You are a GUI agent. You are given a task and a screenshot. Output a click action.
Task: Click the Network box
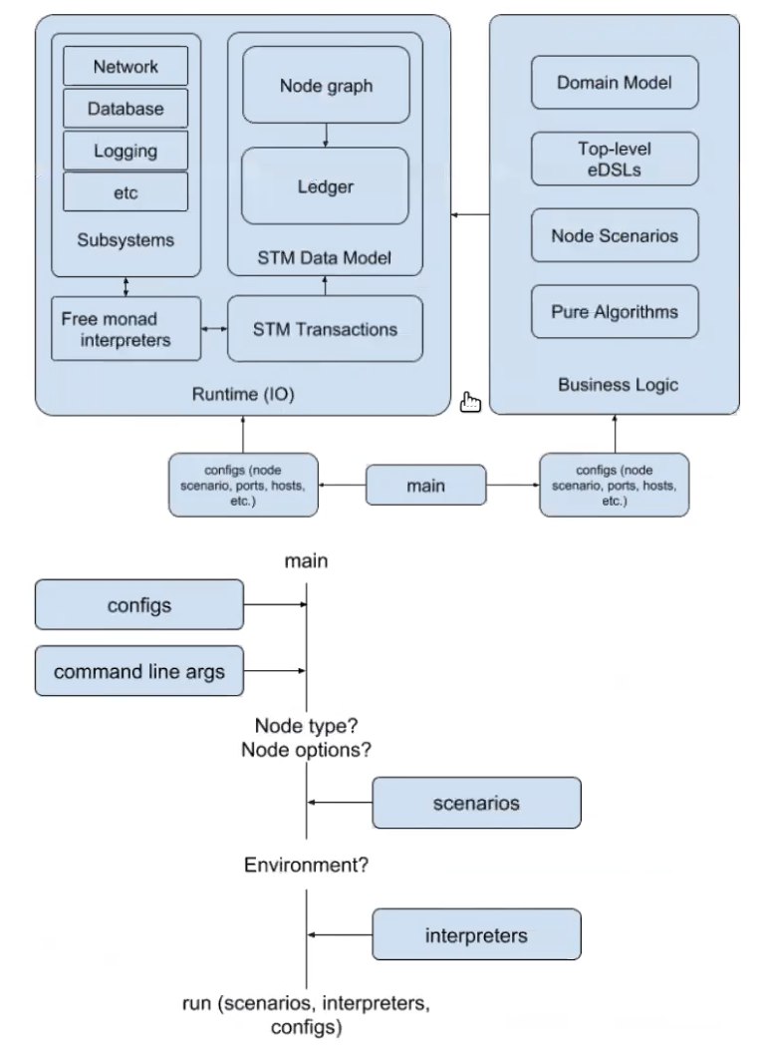126,67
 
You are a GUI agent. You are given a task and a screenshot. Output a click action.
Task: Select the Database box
126,109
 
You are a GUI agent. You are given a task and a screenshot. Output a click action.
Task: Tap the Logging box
126,151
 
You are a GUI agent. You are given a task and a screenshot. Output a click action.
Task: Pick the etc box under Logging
126,192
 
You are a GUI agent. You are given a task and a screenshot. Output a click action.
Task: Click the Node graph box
325,86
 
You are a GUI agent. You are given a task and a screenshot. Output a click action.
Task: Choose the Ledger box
325,186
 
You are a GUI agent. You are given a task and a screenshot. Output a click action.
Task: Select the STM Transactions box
325,329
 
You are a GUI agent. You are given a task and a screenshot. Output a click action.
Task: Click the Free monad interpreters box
126,329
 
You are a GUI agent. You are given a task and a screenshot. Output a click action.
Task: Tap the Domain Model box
615,82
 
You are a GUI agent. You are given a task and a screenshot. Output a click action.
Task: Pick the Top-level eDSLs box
615,160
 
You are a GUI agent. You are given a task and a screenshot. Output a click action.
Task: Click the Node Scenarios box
615,236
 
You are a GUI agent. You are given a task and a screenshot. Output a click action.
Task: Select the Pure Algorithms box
615,312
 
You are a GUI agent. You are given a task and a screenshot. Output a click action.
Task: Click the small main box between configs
425,485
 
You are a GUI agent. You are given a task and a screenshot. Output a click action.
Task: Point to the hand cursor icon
470,402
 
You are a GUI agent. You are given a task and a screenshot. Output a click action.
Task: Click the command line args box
139,671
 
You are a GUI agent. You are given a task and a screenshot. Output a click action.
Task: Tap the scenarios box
476,803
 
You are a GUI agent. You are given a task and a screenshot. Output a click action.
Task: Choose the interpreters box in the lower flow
476,935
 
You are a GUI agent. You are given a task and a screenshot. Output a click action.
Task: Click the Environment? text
307,866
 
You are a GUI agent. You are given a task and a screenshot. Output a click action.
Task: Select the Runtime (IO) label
242,395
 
